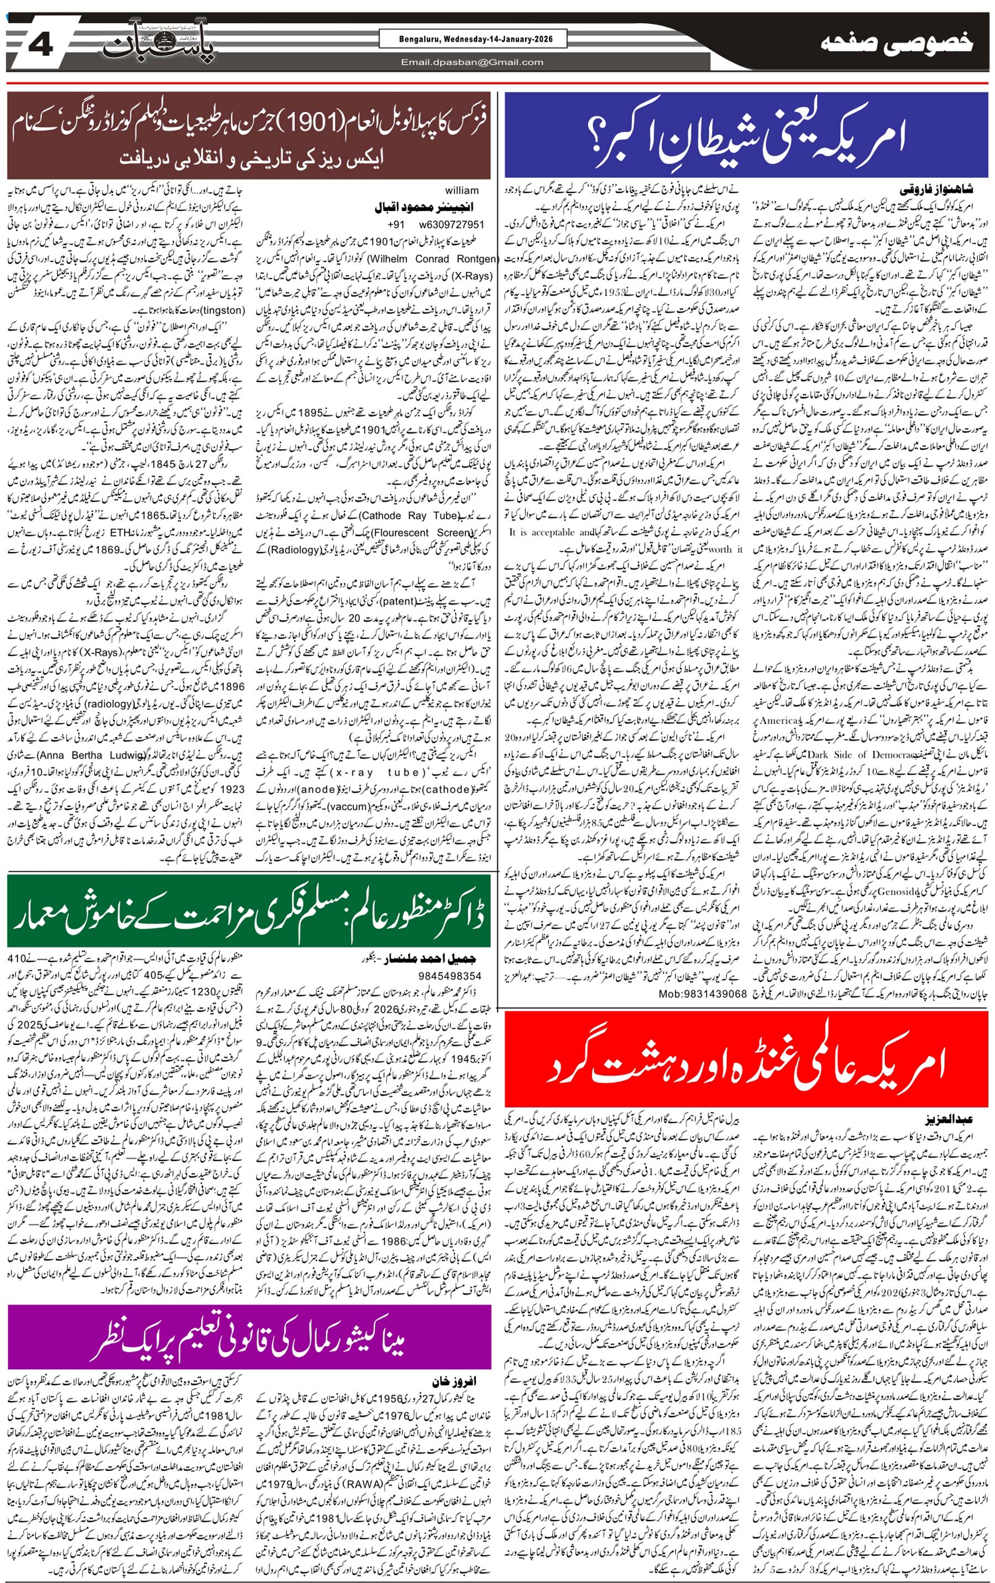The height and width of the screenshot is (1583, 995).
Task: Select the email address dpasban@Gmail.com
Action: (472, 62)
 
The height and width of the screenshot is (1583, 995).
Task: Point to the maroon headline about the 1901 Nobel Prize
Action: (249, 135)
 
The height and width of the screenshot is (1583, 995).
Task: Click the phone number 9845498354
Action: (451, 976)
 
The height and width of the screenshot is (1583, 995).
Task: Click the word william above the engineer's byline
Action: (461, 191)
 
